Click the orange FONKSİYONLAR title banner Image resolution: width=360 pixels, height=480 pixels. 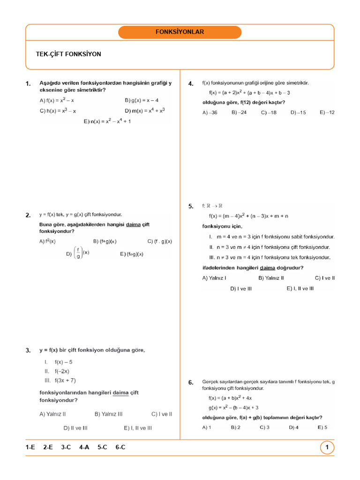tap(180, 32)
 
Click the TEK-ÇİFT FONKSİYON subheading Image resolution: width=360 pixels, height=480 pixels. tap(68, 54)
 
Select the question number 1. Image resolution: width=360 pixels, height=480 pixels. tap(28, 84)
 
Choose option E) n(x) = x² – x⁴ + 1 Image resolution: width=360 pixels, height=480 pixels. tap(107, 121)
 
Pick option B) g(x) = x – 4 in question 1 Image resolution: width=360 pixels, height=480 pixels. tap(142, 100)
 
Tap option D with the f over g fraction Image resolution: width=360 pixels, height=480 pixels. tap(78, 254)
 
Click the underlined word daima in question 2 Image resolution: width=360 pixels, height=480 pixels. tap(134, 225)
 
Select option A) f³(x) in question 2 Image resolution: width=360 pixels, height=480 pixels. tap(48, 241)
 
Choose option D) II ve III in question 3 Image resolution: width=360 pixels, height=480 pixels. tap(75, 428)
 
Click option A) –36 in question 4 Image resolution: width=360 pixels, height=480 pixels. tap(210, 112)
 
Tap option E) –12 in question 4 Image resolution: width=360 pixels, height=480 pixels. tap(327, 112)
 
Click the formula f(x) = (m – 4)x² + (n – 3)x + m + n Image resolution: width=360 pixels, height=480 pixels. tap(248, 216)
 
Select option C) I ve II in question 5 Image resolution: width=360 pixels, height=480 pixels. tap(324, 278)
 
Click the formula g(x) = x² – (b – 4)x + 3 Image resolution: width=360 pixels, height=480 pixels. tap(233, 408)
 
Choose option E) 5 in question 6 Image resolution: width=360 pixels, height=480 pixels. tap(322, 427)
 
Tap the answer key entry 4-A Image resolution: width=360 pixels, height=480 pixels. tap(84, 448)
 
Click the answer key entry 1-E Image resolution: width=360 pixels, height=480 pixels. tap(30, 448)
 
